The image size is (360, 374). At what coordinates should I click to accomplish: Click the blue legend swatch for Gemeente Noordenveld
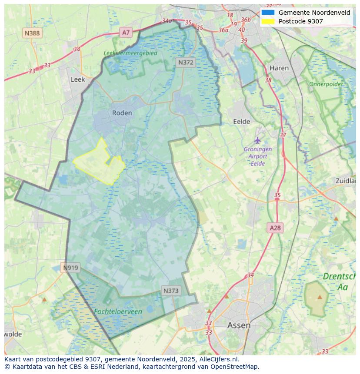(268, 13)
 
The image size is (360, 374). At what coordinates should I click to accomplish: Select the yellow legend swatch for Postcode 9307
(268, 21)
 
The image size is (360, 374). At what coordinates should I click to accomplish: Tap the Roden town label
(122, 113)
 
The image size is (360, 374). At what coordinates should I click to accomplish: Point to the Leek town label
(78, 79)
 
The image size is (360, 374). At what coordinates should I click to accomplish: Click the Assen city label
(239, 325)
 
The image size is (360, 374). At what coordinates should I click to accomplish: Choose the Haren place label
(279, 68)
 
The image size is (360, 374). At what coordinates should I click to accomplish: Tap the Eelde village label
(242, 122)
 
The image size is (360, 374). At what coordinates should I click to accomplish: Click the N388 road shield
(32, 33)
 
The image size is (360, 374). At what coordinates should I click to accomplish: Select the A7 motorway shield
(126, 32)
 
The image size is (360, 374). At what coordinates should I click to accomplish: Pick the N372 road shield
(186, 63)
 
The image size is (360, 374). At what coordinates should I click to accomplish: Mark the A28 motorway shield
(275, 228)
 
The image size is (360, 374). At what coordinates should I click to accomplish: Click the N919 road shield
(70, 268)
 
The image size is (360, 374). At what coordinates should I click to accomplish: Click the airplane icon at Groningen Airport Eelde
(258, 140)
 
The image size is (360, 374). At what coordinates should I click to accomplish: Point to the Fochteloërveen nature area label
(118, 311)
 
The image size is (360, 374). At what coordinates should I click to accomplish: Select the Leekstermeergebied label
(130, 53)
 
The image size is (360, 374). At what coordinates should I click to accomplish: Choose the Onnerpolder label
(326, 84)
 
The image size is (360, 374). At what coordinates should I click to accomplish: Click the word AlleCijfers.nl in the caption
(218, 359)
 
